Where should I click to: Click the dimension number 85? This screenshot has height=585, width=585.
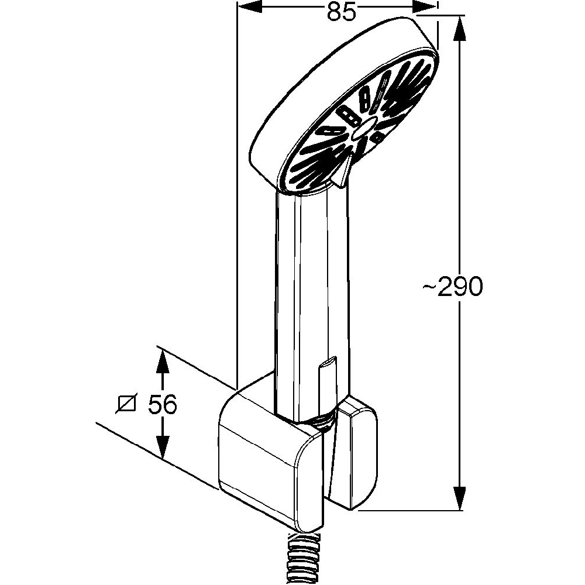coord(342,12)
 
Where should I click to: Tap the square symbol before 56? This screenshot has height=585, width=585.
coord(126,404)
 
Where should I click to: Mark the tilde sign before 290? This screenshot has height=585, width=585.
coord(429,286)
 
